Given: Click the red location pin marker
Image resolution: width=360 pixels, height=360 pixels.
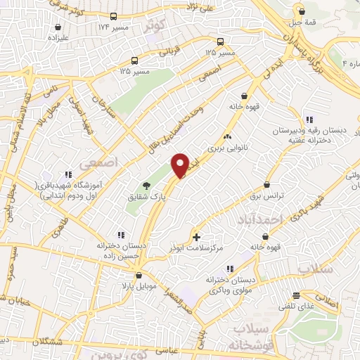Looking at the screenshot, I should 180,165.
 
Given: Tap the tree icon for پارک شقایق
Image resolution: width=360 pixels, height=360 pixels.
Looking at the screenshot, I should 146,186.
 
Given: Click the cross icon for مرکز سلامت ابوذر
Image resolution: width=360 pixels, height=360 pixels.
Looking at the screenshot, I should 195,237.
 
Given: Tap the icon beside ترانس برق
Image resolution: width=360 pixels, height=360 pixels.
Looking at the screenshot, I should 267,183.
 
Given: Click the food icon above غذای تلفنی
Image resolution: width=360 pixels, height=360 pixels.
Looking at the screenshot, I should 297,295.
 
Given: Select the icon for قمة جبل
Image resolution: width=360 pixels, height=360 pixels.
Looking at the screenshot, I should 302,11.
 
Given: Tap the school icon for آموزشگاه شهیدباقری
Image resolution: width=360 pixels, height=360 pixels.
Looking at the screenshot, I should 68,174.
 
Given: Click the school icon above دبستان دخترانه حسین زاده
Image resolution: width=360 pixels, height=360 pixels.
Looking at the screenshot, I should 121,234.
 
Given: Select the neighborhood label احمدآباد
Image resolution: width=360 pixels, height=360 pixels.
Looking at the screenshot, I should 259,220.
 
